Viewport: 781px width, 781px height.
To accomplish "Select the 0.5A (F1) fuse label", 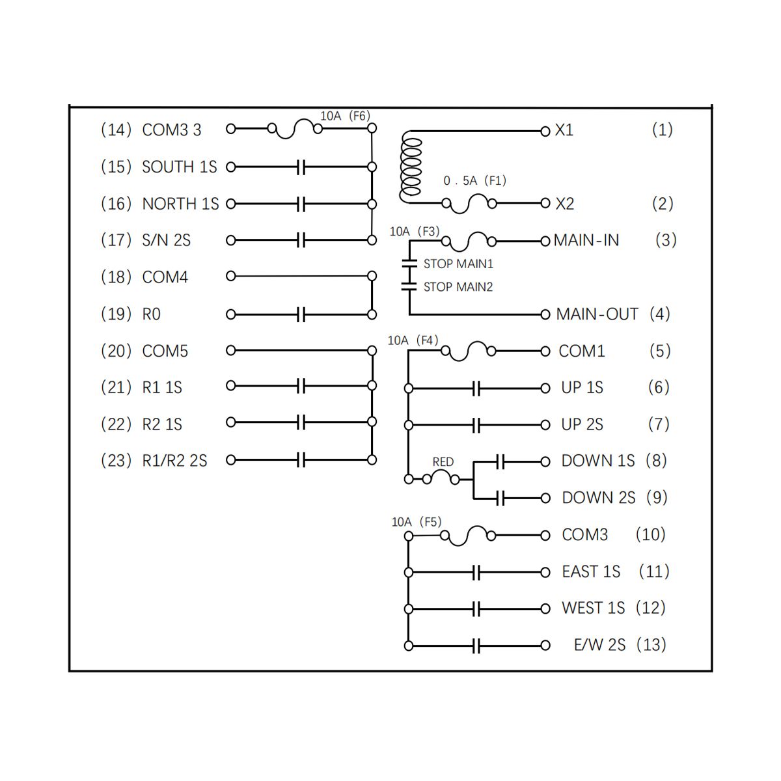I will (474, 181).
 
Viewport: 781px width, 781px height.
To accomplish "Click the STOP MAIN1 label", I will (458, 264).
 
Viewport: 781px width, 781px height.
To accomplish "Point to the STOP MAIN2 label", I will (458, 287).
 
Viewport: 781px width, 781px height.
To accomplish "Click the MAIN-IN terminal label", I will (586, 241).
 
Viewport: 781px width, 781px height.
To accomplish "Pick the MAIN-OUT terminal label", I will (597, 314).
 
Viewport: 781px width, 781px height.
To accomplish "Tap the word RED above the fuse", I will (443, 461).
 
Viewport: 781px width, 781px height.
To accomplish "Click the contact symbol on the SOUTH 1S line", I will (301, 167).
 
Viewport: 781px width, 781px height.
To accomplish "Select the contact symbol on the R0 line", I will (301, 315).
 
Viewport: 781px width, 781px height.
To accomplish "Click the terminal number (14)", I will (116, 130).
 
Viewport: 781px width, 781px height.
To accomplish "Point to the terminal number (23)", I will (116, 461).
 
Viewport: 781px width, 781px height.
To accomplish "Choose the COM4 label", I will (165, 277).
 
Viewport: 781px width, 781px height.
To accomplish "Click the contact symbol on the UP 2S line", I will (476, 426).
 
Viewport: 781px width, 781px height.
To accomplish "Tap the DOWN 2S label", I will (598, 498).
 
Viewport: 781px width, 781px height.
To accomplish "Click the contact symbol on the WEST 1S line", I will (476, 609).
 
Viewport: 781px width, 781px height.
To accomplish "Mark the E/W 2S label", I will (599, 645).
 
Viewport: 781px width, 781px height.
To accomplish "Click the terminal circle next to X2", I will (545, 204).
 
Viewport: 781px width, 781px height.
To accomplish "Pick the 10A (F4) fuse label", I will (413, 340).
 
